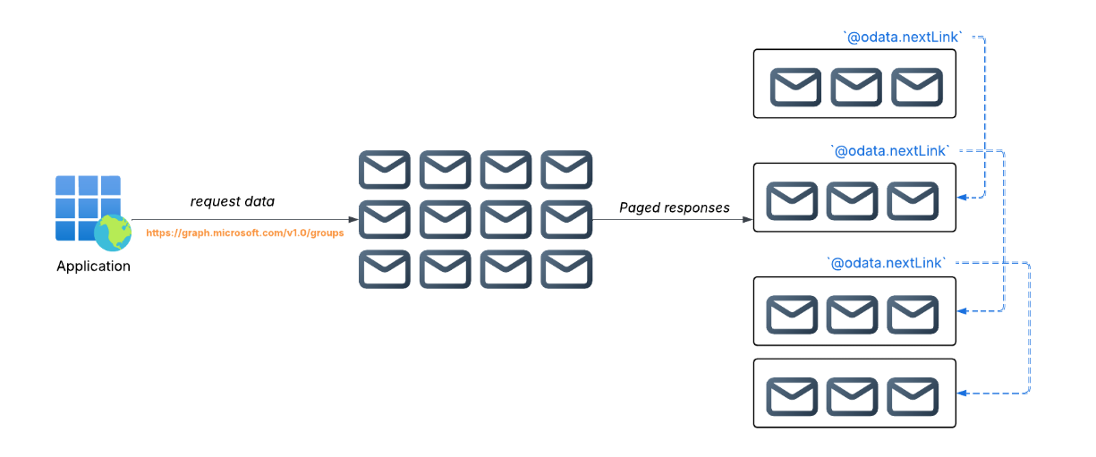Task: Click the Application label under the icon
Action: (x=93, y=266)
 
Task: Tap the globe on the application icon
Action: (x=113, y=233)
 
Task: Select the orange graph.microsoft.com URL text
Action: (x=245, y=233)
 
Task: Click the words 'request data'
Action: (x=233, y=202)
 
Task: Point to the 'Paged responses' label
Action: (x=675, y=207)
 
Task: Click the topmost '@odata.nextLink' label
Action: (x=904, y=37)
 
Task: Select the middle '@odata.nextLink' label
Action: (x=890, y=150)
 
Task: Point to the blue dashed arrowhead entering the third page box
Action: (x=963, y=310)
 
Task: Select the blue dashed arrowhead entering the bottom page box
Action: (x=963, y=393)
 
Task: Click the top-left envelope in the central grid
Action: (x=385, y=169)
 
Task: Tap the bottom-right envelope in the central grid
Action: (x=566, y=268)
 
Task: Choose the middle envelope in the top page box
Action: (x=856, y=87)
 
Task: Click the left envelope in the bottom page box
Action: (x=792, y=396)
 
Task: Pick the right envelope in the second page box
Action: (x=913, y=200)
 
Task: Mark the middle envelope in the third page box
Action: (x=852, y=314)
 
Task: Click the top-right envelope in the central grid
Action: (x=566, y=169)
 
